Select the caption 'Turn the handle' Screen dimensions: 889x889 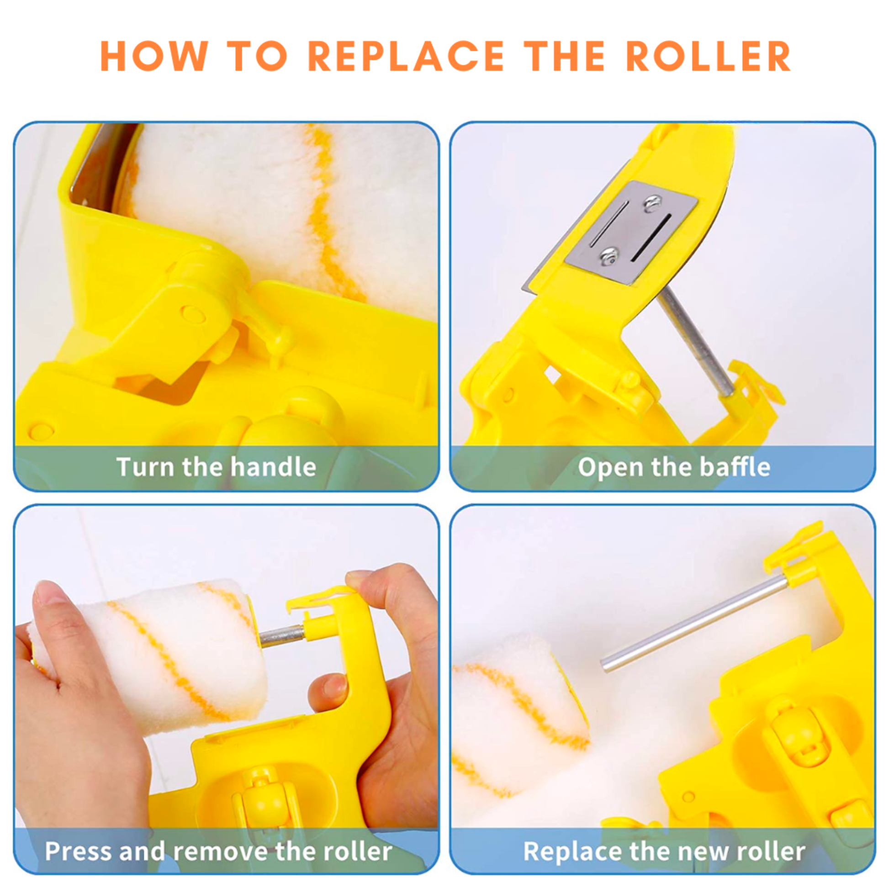[x=216, y=467]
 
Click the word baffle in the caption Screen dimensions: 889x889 [x=735, y=467]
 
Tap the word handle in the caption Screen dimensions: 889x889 [x=273, y=467]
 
